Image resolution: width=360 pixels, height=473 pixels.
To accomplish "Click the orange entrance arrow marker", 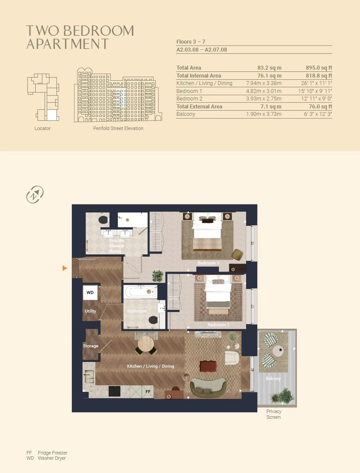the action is point(64,268).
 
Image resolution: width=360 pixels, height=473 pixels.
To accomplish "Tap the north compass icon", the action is point(35,194).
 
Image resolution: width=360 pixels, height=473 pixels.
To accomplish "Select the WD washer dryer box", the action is point(90,293).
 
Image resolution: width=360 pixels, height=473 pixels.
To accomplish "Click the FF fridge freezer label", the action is point(148,391).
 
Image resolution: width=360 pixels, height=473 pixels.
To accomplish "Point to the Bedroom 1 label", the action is point(208,263).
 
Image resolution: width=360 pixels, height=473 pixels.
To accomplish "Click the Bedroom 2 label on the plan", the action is point(218,324).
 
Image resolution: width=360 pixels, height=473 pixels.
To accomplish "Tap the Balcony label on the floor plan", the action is point(274,378).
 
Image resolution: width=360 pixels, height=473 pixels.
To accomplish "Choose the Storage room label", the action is point(90,346).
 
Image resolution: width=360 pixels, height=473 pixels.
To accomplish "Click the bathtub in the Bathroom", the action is point(140,292).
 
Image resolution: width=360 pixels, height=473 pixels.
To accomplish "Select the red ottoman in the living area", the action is point(208,366).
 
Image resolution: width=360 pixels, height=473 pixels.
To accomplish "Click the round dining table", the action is point(146,344).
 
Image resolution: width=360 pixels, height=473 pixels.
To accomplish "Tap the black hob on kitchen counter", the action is point(114,391).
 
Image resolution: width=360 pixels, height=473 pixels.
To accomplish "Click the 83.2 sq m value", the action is point(270,68).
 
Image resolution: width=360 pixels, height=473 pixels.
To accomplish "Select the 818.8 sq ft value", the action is point(319,76).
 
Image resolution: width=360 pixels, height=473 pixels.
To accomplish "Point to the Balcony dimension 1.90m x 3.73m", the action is point(264,114).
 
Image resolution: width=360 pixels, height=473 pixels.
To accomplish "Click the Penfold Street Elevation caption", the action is point(118,128).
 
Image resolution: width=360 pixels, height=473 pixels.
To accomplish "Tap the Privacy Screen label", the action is point(274,414).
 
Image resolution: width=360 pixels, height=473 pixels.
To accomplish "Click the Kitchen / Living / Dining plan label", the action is point(150,366).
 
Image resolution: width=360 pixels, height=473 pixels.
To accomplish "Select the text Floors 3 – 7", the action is point(191,41).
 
